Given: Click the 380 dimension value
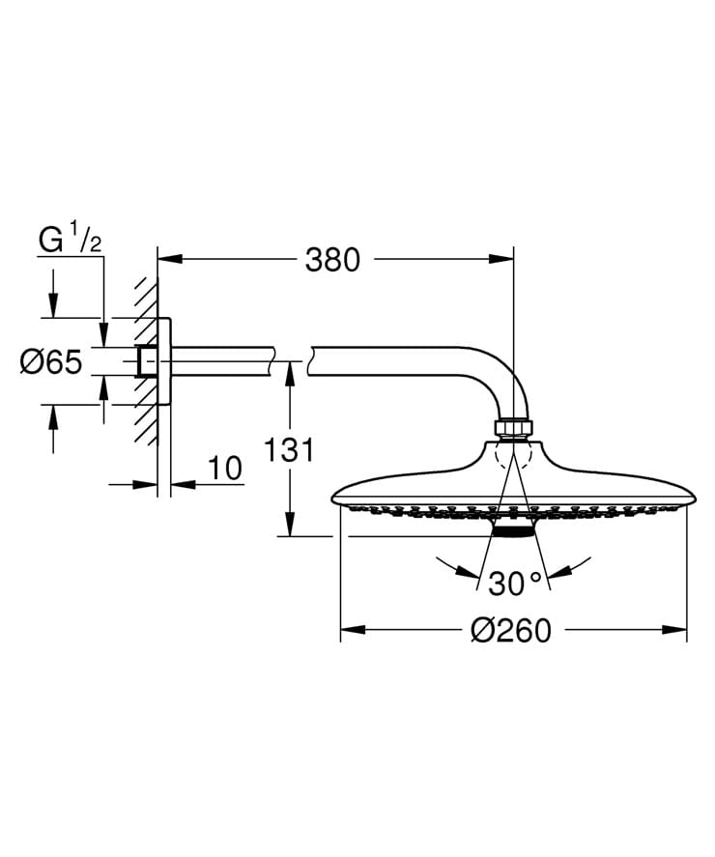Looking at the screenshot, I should (x=331, y=260).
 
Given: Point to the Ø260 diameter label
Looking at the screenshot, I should (x=511, y=631).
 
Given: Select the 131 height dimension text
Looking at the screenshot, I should (x=289, y=449).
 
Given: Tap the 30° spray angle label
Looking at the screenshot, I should (x=516, y=585).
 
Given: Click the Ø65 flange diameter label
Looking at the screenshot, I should (x=50, y=362).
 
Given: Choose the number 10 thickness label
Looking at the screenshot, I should (x=224, y=469).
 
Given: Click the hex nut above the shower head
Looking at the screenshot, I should (x=512, y=427).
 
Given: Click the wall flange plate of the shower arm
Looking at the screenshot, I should (x=165, y=362).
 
